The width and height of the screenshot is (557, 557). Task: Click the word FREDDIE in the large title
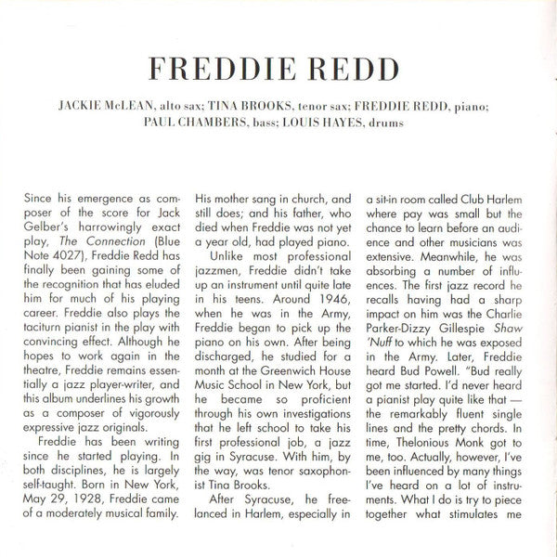click(211, 71)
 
